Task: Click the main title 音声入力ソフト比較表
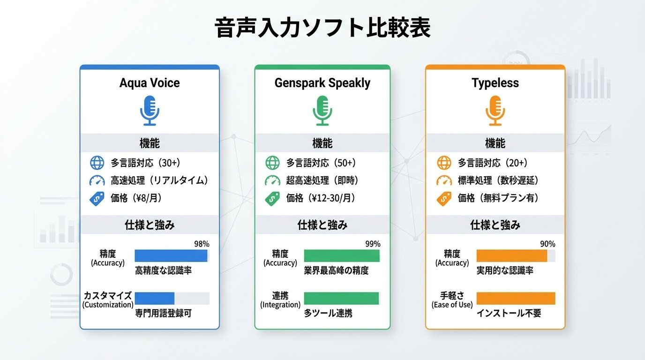point(322,29)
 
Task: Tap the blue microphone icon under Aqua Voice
point(150,110)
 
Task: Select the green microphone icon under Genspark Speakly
point(322,110)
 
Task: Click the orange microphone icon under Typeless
point(495,110)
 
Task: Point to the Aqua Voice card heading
point(150,83)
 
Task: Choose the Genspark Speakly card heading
point(322,83)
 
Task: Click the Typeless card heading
point(495,83)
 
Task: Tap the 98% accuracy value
point(202,244)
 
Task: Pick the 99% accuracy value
point(373,244)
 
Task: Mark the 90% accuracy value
point(547,244)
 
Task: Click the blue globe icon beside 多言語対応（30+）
point(97,163)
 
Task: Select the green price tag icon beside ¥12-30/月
point(272,198)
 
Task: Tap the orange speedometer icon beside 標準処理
point(444,180)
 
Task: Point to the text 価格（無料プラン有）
point(498,198)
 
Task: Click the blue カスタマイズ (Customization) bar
point(155,298)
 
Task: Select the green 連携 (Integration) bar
point(341,298)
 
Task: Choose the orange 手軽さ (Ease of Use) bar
point(516,298)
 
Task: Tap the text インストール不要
point(509,313)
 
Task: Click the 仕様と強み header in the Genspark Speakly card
point(322,225)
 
